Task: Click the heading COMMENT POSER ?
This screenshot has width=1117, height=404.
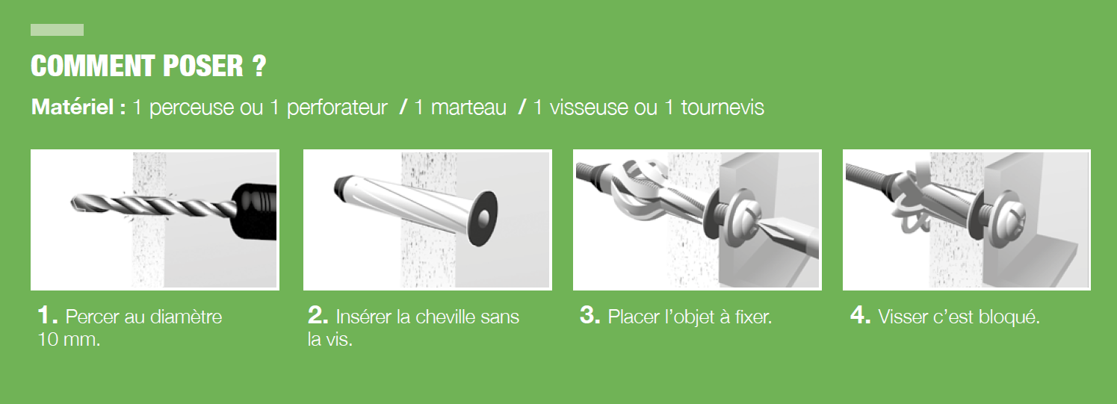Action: coord(148,66)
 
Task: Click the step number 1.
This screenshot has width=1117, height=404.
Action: coord(47,316)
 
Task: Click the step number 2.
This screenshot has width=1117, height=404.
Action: coord(318,316)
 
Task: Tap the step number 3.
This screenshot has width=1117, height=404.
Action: coord(590,316)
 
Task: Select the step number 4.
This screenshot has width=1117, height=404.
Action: coord(860,316)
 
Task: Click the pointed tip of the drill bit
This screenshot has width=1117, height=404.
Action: coord(75,200)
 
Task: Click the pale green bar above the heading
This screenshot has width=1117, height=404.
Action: coord(57,30)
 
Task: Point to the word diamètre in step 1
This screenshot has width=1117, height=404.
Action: coord(187,317)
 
